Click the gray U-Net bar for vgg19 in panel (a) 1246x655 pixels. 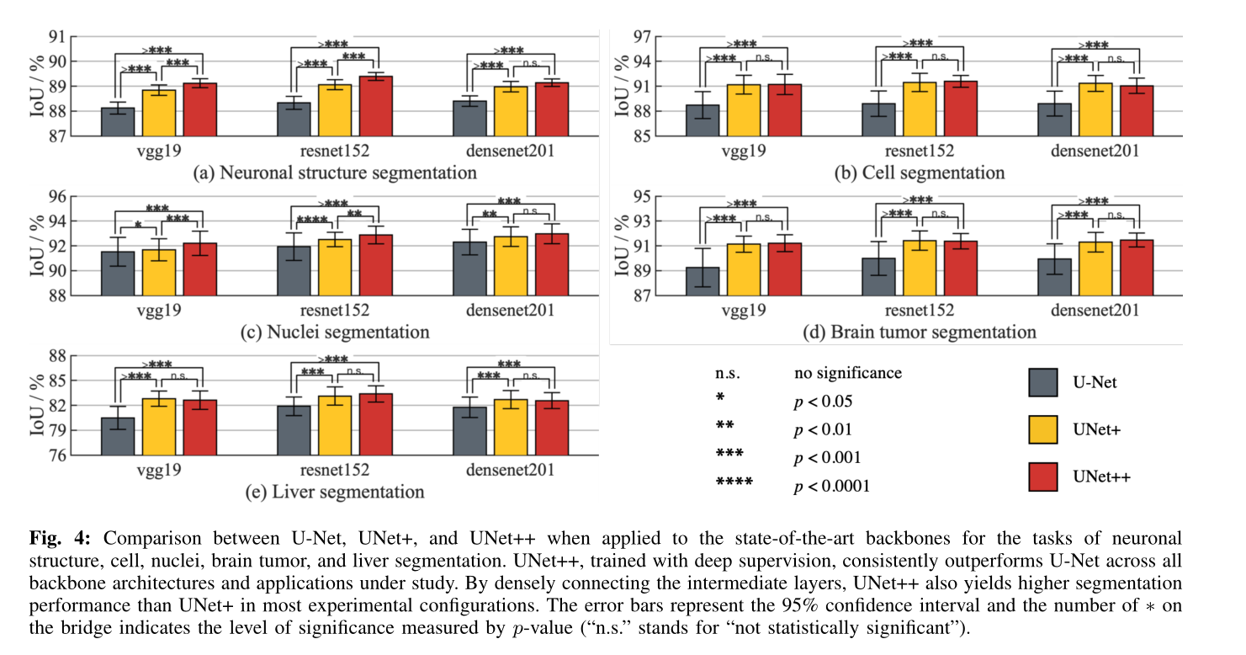point(118,122)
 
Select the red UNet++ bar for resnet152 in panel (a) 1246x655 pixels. point(376,106)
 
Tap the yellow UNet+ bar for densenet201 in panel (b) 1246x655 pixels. point(1095,109)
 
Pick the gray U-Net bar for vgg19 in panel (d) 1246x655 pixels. point(703,281)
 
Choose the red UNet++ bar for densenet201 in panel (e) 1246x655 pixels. point(553,428)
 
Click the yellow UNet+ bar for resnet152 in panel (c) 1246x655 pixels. point(335,268)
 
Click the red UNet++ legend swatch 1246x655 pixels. point(1043,477)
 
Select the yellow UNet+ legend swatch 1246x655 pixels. point(1043,429)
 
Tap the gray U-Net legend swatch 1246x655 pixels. point(1043,382)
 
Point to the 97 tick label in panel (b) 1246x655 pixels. point(641,37)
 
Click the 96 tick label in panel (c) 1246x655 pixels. point(57,196)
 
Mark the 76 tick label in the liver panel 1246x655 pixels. point(57,455)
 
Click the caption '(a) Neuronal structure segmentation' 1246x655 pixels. point(335,173)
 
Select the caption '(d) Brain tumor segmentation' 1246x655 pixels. point(920,333)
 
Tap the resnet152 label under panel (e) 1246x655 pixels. point(335,471)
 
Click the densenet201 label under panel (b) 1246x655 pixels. point(1095,152)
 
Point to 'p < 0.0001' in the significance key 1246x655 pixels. point(831,487)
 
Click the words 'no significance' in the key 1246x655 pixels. point(848,373)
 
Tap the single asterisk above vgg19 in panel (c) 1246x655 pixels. point(138,226)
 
